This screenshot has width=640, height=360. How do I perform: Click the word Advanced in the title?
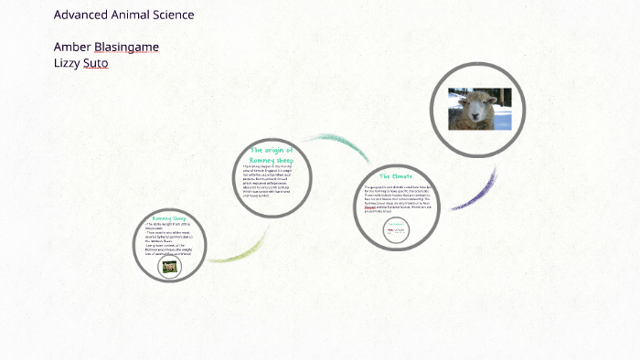(80, 15)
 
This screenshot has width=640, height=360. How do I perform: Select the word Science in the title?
(174, 15)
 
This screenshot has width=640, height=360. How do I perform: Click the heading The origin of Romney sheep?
(272, 154)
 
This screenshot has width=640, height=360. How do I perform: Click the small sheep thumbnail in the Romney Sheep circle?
(169, 266)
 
